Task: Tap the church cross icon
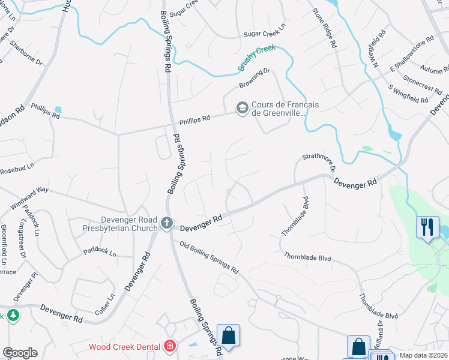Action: (x=167, y=223)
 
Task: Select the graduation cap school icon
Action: (x=242, y=109)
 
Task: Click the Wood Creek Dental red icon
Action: (x=170, y=347)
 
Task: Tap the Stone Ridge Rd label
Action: (x=323, y=28)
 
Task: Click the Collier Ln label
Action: (x=105, y=304)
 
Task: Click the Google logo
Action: (x=20, y=353)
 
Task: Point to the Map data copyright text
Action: (x=424, y=355)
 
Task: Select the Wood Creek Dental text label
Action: (x=124, y=347)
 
